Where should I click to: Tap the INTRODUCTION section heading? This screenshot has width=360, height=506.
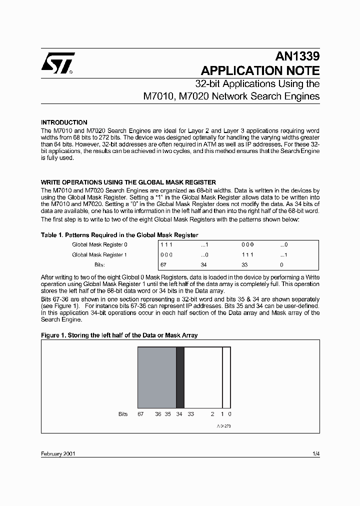[64, 122]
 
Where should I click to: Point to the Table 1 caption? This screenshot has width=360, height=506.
[119, 235]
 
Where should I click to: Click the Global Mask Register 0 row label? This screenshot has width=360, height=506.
[100, 245]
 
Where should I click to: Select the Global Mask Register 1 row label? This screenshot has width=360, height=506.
[100, 255]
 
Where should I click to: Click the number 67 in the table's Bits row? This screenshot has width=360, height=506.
[163, 264]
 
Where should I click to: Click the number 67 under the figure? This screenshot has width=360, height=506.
[141, 414]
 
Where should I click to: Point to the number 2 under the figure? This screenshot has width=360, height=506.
[212, 414]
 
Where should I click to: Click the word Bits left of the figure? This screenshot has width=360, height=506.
[123, 414]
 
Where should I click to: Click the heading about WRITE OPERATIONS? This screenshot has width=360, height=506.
[128, 182]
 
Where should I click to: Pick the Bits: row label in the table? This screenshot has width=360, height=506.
[99, 264]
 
